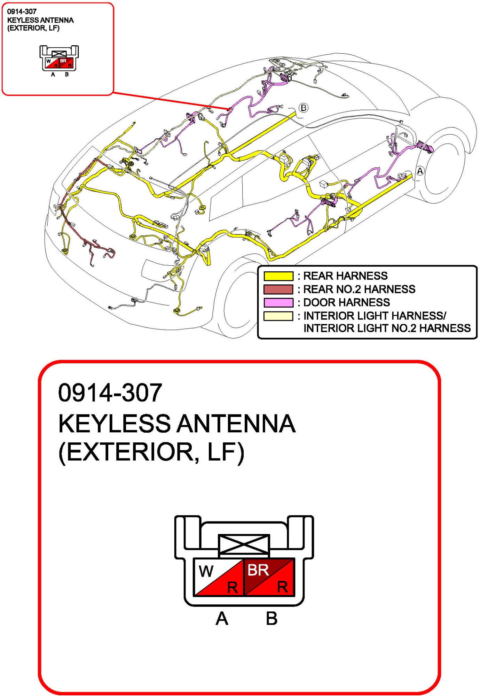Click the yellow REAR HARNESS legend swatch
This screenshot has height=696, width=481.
(278, 276)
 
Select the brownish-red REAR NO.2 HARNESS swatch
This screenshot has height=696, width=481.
(278, 289)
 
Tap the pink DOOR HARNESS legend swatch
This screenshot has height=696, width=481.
(278, 302)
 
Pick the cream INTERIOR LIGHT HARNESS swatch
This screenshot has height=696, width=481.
(278, 316)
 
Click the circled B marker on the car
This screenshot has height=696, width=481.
(303, 108)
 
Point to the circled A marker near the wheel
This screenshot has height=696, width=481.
(420, 171)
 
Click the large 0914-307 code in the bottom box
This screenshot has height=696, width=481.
(110, 393)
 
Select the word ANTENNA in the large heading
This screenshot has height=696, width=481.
(236, 424)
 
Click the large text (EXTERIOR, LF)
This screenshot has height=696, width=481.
(151, 452)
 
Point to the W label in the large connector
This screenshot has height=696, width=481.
(206, 571)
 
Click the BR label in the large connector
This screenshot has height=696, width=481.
(258, 570)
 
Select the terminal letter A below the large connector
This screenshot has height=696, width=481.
(222, 619)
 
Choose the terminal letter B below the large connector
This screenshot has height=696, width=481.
(271, 619)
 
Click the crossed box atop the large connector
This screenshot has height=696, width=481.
(244, 544)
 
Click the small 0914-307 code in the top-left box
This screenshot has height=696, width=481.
(22, 11)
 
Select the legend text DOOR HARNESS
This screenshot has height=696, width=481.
(346, 302)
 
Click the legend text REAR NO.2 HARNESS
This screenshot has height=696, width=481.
(359, 289)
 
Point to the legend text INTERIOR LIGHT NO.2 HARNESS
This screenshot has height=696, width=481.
(387, 328)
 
